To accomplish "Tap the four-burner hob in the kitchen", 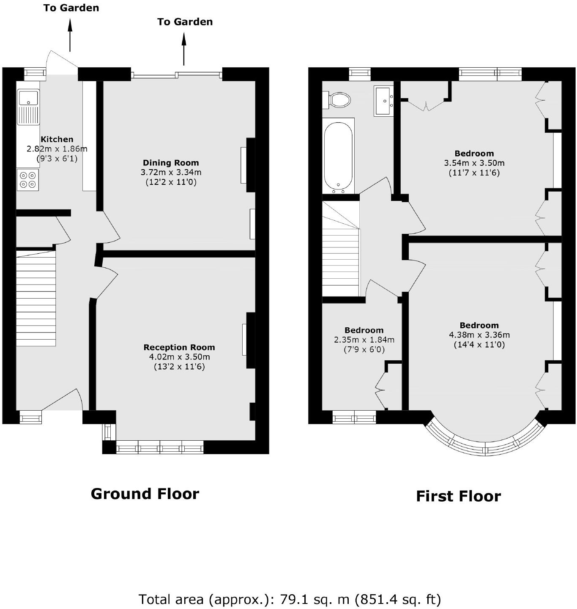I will tap(28, 180).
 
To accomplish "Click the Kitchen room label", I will tap(57, 139).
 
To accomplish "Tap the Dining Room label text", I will tap(171, 163).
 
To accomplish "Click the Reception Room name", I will tap(179, 347).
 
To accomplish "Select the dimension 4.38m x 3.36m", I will tap(479, 335).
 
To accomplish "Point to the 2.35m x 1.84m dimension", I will tap(364, 340).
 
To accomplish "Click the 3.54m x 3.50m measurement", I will tap(474, 163).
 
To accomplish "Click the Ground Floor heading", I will tap(145, 494).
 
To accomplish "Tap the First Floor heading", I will tap(459, 496).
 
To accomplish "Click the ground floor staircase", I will tap(36, 298).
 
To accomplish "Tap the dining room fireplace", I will tap(244, 165).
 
